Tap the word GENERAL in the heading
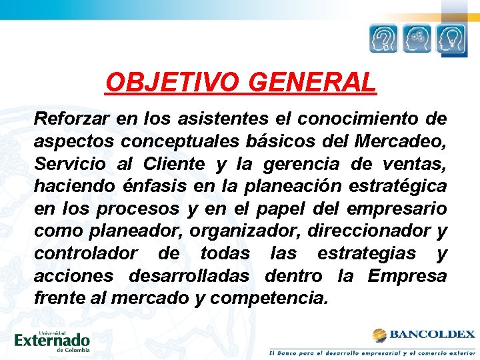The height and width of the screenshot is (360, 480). point(313,83)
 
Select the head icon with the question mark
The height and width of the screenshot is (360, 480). point(384,39)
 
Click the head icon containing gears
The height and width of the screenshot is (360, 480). point(417,39)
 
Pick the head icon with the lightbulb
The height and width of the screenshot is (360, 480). point(451,39)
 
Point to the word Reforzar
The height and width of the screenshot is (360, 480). point(71,119)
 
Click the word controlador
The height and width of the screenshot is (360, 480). point(86,253)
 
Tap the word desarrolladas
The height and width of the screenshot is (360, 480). point(190,275)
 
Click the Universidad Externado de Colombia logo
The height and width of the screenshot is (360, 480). point(51,341)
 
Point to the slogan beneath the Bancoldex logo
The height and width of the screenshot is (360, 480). point(372,351)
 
